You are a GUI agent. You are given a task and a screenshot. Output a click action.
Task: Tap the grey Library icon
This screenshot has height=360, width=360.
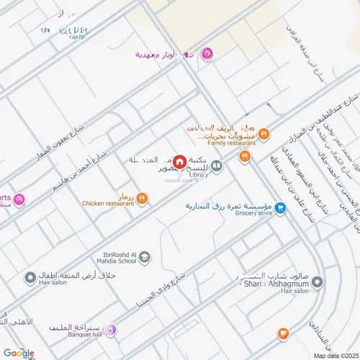coord(216,166)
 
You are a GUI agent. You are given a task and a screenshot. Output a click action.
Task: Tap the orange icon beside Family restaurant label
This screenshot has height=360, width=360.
coord(264,133)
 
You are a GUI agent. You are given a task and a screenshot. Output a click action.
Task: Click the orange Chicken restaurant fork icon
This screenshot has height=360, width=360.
coord(142,198)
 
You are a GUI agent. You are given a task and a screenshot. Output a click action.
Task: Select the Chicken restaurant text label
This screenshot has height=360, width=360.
coord(108,204)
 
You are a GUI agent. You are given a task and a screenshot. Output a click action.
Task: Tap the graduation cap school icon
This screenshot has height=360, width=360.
coord(145,257)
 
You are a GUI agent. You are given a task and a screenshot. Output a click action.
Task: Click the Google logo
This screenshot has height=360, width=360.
coord(18,353)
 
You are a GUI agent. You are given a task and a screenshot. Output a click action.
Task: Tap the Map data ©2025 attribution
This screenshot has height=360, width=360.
coord(333,356)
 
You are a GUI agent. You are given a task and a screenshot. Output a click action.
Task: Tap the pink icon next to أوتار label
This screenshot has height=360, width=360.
coord(207,53)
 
